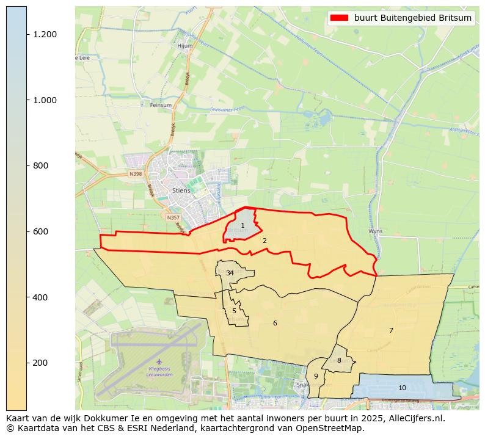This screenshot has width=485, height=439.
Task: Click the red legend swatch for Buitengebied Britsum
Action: tap(339, 18)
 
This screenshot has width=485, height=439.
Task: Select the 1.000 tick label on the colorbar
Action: tap(45, 100)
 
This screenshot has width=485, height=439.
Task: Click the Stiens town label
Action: tap(181, 190)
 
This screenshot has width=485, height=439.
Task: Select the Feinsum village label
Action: tap(161, 105)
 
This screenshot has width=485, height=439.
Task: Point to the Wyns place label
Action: tap(375, 231)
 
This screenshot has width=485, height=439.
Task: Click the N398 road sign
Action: tap(135, 174)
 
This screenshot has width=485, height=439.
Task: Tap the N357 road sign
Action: tap(173, 217)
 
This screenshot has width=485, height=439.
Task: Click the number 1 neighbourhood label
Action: tap(242, 226)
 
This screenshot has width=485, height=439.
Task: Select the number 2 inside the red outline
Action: tap(264, 241)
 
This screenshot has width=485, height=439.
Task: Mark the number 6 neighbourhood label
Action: tap(275, 323)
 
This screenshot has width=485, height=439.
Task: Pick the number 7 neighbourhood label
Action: tap(391, 330)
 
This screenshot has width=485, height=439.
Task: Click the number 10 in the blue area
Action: tap(402, 388)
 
